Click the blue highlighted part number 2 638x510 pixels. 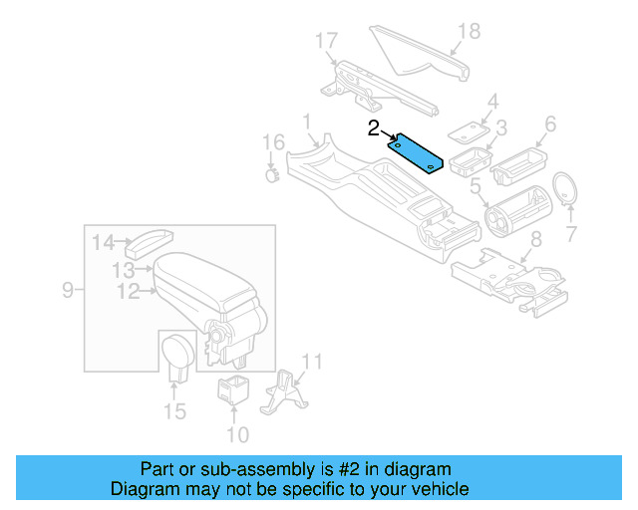[416, 152]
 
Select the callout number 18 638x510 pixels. [468, 31]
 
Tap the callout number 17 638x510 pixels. [326, 41]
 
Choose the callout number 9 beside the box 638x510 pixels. [68, 291]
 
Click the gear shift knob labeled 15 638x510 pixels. [176, 355]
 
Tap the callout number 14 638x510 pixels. [104, 241]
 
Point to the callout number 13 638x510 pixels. [123, 270]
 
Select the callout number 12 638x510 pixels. [128, 291]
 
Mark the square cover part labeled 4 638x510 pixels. [466, 131]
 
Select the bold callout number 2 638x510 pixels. [374, 127]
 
